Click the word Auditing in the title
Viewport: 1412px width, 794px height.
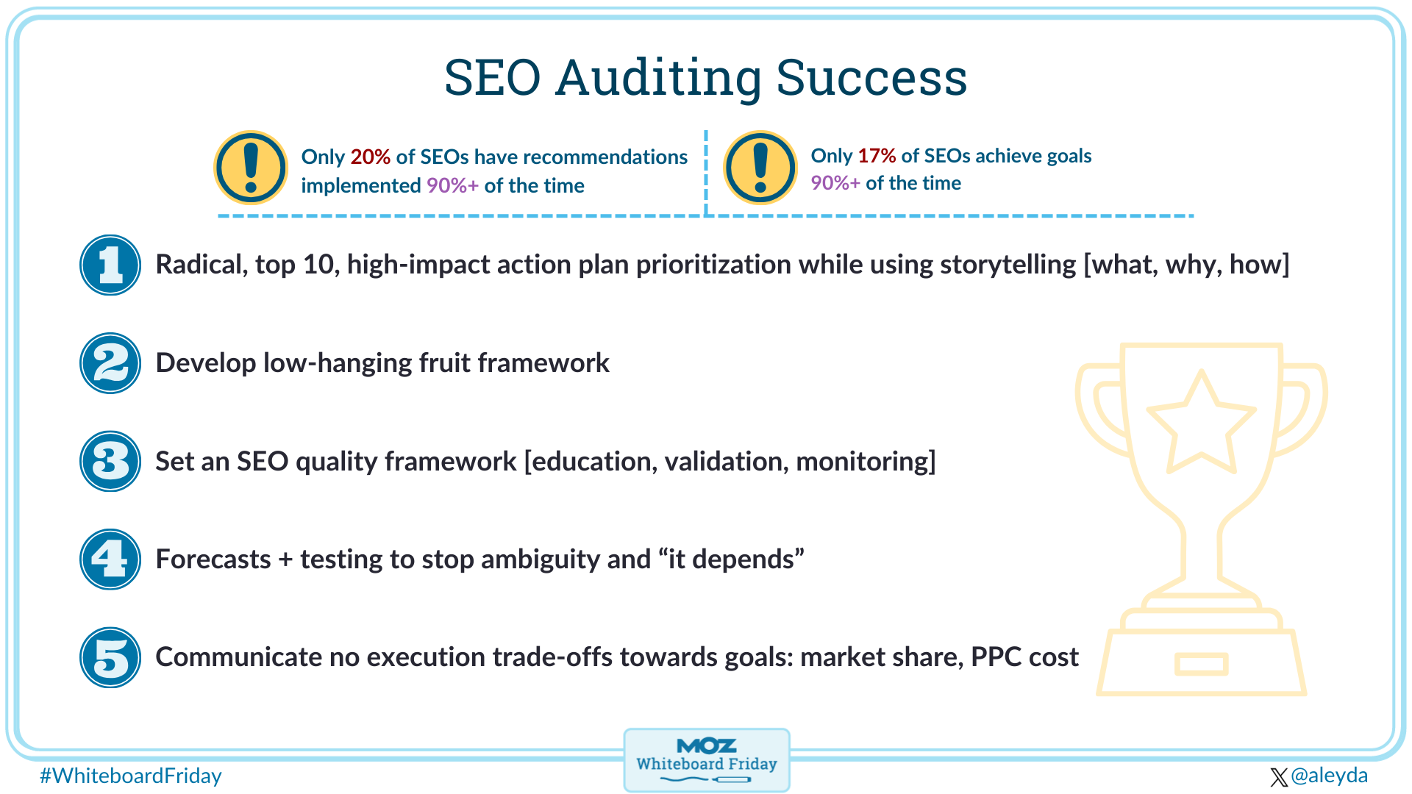tap(658, 78)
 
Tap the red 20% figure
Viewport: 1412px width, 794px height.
tap(370, 157)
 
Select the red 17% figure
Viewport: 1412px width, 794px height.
tap(877, 156)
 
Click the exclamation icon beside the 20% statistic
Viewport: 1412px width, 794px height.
tap(251, 168)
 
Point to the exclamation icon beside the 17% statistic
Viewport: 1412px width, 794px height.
tap(760, 168)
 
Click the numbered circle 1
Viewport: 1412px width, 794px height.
tap(110, 265)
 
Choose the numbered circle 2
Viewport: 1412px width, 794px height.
tap(110, 363)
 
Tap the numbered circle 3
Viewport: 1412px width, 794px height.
tap(110, 461)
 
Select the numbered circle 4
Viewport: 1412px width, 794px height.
tap(110, 559)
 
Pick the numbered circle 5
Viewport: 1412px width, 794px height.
tap(110, 657)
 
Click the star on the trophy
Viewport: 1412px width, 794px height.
tap(1201, 424)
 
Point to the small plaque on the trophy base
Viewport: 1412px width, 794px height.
tap(1201, 664)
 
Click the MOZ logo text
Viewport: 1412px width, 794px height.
tap(706, 746)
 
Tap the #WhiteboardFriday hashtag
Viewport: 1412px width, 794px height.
tap(131, 776)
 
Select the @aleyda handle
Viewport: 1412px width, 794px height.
tap(1329, 776)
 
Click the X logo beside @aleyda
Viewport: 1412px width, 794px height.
tap(1279, 777)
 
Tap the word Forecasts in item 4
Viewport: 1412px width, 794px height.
tap(213, 559)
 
